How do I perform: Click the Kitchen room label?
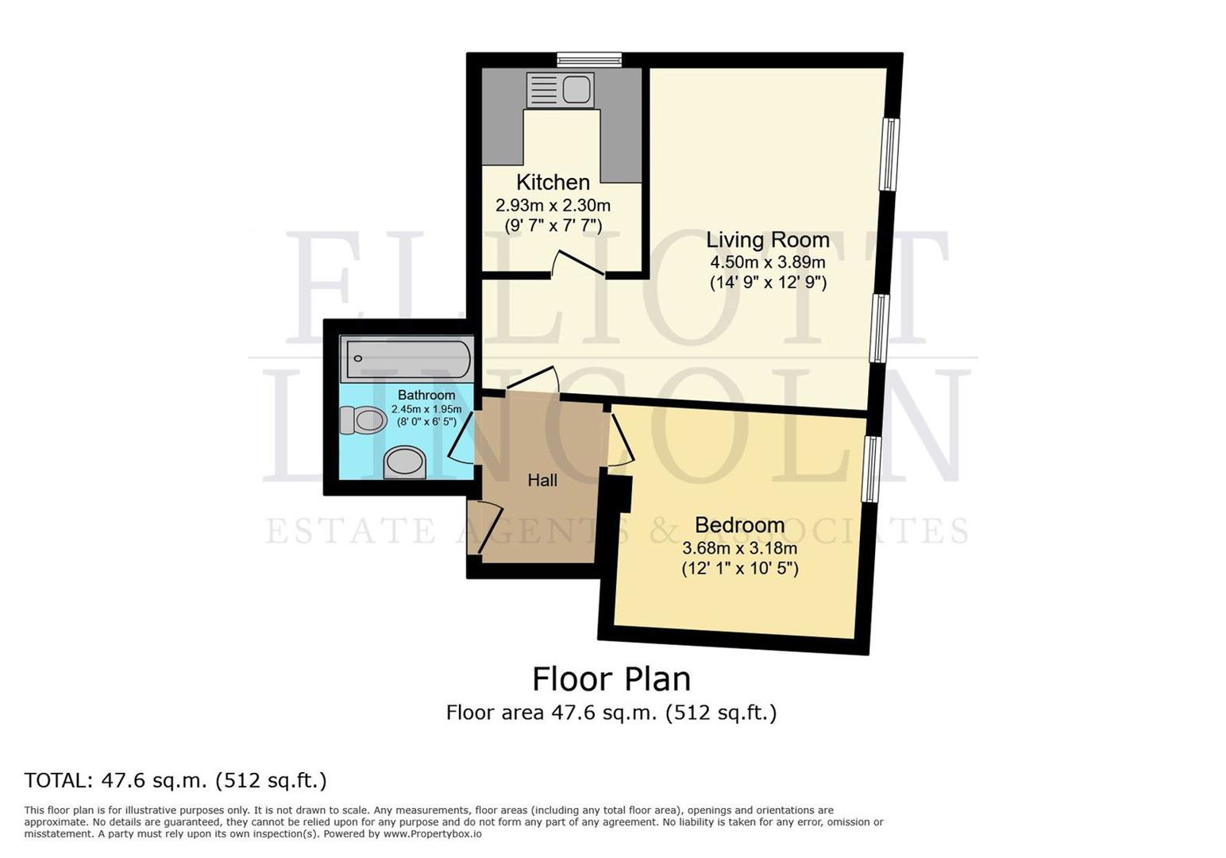553,182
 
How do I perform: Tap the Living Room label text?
767,239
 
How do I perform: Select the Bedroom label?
739,525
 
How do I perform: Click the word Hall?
542,480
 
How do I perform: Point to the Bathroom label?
426,395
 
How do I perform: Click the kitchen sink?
560,90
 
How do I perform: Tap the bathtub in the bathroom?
407,359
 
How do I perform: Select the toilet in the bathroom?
363,419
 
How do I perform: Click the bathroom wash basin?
404,462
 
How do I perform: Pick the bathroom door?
461,436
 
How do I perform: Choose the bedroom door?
622,439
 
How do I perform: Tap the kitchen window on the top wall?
588,59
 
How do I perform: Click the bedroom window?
871,469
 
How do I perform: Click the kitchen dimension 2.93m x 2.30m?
553,205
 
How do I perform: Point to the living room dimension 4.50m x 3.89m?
767,262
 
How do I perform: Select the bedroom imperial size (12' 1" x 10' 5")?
739,569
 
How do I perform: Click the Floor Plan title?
611,679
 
